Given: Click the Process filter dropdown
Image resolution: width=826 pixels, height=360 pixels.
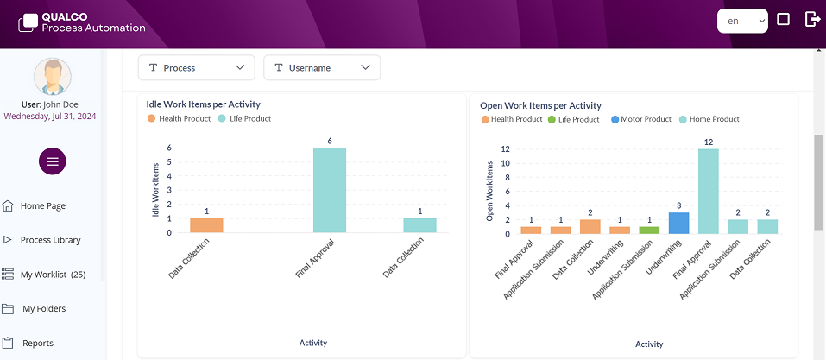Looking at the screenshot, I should [x=197, y=67].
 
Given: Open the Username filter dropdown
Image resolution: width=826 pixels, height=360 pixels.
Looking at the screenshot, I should [x=322, y=67].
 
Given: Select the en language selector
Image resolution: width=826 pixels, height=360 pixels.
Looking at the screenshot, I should [x=742, y=21].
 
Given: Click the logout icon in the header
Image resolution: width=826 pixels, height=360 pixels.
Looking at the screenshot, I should [x=812, y=20].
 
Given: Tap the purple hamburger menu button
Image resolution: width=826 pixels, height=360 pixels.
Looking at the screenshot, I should [x=53, y=161].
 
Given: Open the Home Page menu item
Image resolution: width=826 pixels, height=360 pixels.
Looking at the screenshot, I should [x=43, y=205].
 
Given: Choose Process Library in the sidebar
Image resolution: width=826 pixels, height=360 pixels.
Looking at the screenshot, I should [x=50, y=240].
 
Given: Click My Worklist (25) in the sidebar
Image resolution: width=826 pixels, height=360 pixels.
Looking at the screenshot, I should [x=53, y=275].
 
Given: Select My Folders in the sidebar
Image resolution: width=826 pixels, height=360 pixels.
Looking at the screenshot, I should [x=44, y=308].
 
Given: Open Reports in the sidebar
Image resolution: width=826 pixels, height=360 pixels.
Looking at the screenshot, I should [x=38, y=343].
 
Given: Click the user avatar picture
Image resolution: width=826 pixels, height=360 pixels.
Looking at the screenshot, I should [x=53, y=77].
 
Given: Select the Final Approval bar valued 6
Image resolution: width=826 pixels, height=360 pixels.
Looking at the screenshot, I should [x=330, y=190].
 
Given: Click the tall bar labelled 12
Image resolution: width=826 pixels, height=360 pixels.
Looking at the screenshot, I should [x=708, y=191].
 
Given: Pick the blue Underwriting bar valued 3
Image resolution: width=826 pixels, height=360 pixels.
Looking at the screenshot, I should [x=678, y=223].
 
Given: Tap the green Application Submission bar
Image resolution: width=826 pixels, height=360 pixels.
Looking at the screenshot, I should [x=649, y=230].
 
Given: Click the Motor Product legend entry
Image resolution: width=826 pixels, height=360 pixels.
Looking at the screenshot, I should [x=646, y=119].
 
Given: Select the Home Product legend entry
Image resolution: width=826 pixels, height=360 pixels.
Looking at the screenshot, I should [x=714, y=119].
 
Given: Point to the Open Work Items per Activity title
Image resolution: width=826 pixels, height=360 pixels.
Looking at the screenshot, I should [x=540, y=105].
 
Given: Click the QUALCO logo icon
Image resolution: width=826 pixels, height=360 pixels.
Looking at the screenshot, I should [x=28, y=22].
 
